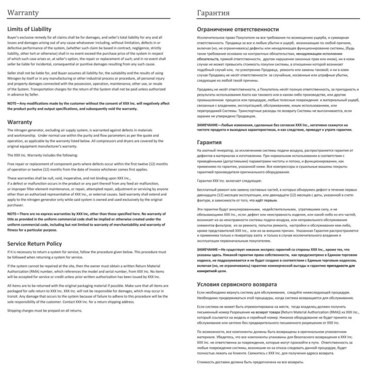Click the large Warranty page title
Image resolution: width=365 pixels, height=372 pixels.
click(x=25, y=11)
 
